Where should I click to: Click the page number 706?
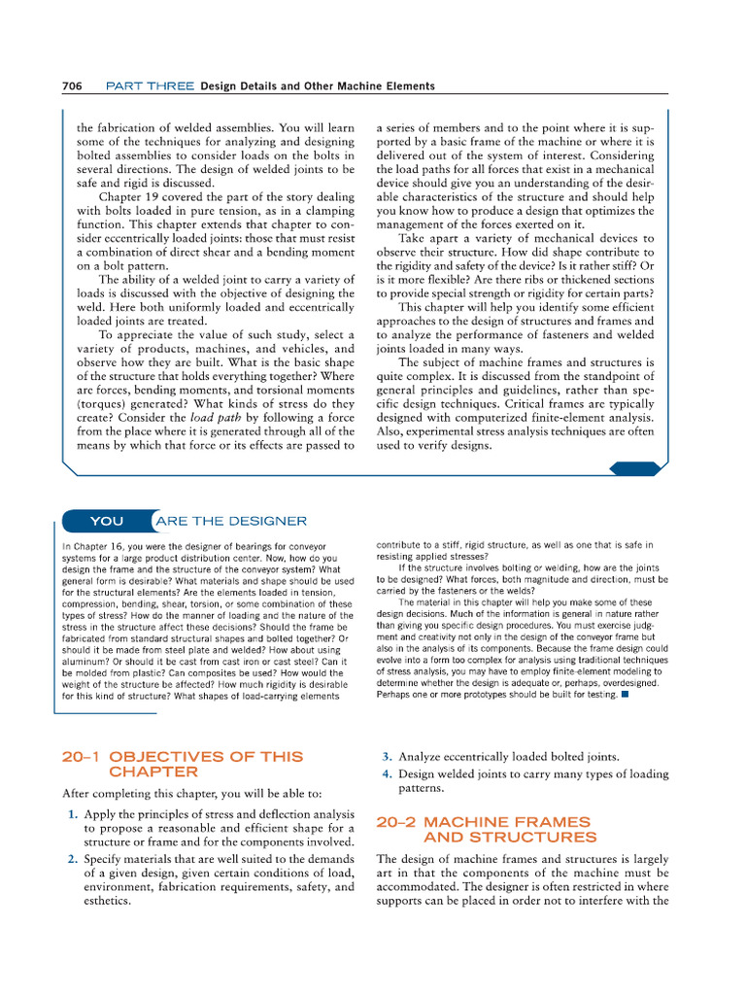pyautogui.click(x=71, y=86)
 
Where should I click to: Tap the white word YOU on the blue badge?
pyautogui.click(x=107, y=521)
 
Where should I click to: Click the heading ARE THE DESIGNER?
pyautogui.click(x=231, y=521)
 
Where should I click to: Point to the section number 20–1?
pyautogui.click(x=83, y=756)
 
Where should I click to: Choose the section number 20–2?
pyautogui.click(x=396, y=821)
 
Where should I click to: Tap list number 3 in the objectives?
pyautogui.click(x=387, y=756)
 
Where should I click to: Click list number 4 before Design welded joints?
pyautogui.click(x=387, y=774)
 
